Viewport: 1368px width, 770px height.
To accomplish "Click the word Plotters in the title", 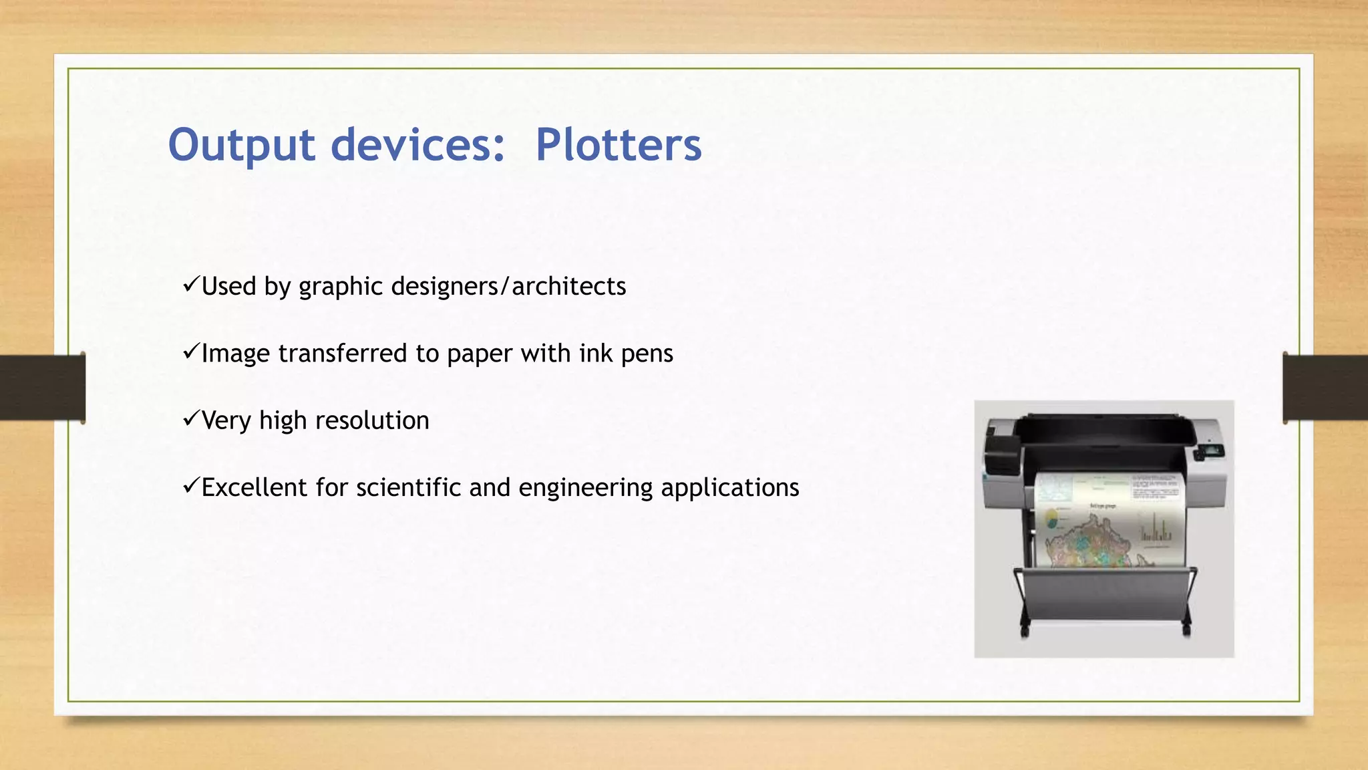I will [x=618, y=144].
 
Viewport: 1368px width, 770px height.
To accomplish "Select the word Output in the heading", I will [x=241, y=144].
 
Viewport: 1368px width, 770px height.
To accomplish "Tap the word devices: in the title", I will [x=418, y=144].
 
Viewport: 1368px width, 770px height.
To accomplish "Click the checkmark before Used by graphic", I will [x=190, y=285].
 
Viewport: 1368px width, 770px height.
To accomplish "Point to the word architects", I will [x=568, y=286].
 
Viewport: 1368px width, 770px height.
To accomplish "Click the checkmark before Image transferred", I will [x=190, y=352].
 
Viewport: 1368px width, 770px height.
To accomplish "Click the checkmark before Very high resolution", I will [x=190, y=419].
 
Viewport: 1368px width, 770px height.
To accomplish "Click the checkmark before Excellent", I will [x=190, y=486].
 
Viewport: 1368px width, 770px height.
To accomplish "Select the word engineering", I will [x=585, y=487].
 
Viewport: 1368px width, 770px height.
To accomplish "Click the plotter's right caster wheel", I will [x=1186, y=629].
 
